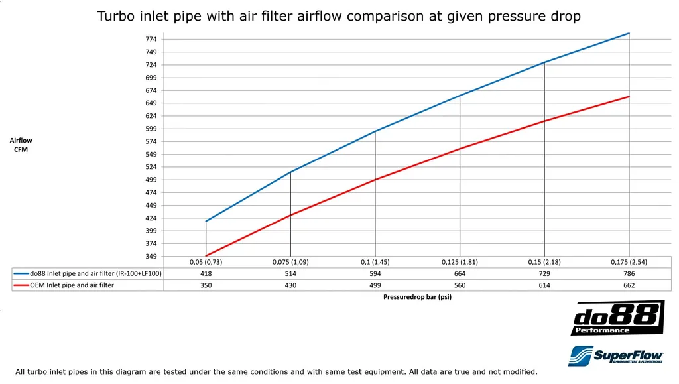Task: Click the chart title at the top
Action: tap(339, 16)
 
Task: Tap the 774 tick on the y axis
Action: tap(151, 40)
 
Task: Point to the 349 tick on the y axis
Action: tap(151, 257)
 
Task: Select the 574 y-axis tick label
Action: tap(151, 142)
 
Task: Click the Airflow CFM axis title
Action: tap(21, 145)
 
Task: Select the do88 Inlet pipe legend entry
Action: tap(88, 273)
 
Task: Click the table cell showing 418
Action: tap(206, 273)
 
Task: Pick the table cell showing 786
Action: tap(629, 273)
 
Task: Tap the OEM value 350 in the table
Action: tap(206, 285)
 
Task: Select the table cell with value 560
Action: tap(460, 285)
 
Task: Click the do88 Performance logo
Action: tap(617, 318)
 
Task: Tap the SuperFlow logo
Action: tap(617, 355)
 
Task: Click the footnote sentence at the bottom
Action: tap(277, 372)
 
